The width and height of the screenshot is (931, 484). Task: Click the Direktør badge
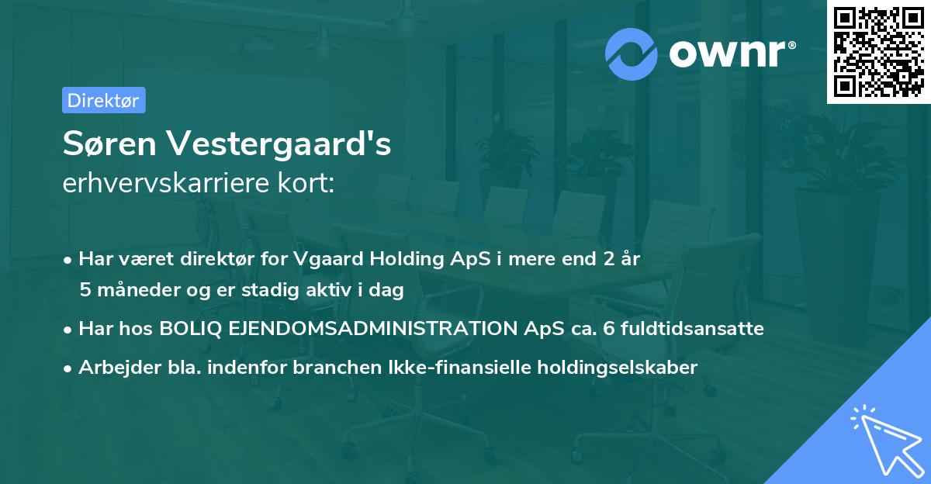[x=103, y=100]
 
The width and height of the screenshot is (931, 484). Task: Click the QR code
[x=877, y=51]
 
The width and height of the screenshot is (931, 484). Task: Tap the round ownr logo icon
[x=632, y=54]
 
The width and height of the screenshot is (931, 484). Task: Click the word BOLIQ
[x=190, y=329]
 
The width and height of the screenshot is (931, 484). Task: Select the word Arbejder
[x=113, y=368]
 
